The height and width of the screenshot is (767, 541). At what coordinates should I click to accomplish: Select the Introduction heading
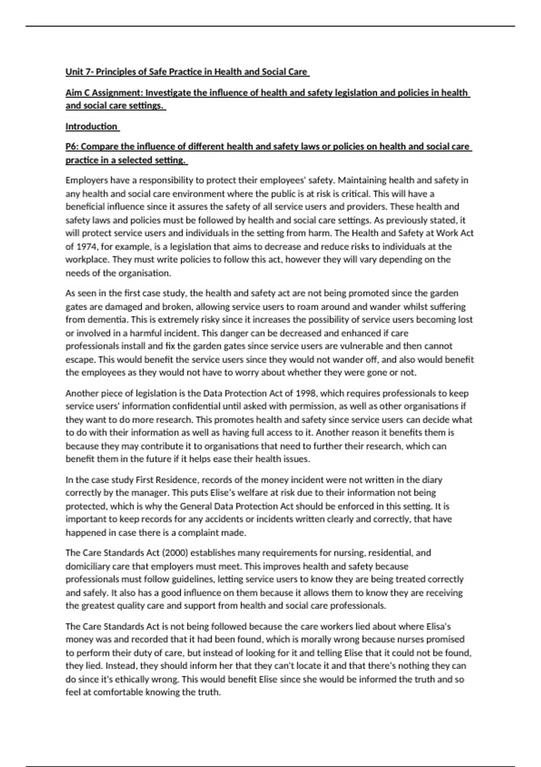click(x=92, y=126)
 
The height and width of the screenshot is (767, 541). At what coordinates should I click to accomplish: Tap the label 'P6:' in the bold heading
click(x=72, y=147)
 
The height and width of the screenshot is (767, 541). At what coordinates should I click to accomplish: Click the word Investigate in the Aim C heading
click(x=168, y=93)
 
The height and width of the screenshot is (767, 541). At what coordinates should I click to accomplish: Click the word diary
click(x=432, y=480)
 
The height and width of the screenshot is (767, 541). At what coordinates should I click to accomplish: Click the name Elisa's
click(x=438, y=626)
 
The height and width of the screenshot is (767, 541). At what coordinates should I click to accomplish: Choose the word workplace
click(x=87, y=259)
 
